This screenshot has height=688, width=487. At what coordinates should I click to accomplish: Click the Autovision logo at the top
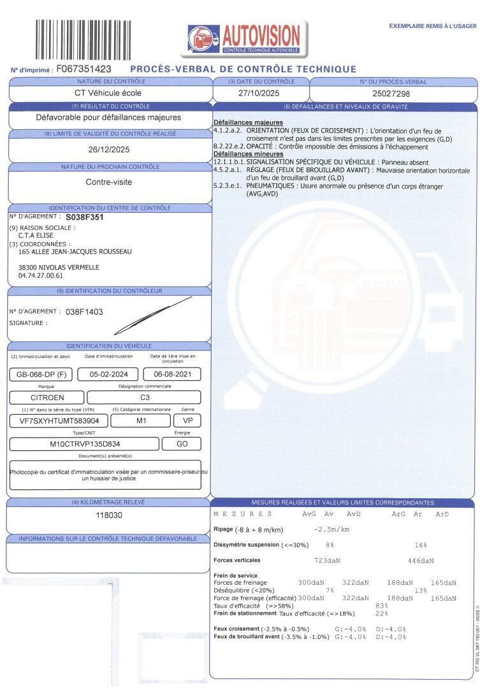(x=247, y=38)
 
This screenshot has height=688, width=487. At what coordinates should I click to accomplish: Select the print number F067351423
(x=84, y=69)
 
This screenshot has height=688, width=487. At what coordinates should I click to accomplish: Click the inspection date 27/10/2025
(x=261, y=93)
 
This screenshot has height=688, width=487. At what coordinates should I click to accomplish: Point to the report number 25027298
(x=391, y=94)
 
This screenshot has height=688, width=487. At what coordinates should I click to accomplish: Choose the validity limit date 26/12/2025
(x=109, y=150)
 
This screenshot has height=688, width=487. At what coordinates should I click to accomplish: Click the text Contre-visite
(x=109, y=182)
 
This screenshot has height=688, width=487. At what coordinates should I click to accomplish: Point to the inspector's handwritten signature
(x=153, y=316)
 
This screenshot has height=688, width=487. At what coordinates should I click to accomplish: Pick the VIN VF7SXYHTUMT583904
(x=59, y=421)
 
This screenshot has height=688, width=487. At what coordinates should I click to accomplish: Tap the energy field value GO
(x=182, y=444)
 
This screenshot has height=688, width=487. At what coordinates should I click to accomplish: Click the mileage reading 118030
(x=109, y=515)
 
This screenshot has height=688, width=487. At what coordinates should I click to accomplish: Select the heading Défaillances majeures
(x=248, y=122)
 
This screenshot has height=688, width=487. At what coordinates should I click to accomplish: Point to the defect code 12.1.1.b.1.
(x=228, y=162)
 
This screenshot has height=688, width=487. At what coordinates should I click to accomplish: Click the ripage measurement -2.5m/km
(x=332, y=529)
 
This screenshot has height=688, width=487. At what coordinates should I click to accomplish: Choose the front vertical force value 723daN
(x=328, y=561)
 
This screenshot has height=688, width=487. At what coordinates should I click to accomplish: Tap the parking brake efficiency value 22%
(x=382, y=613)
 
